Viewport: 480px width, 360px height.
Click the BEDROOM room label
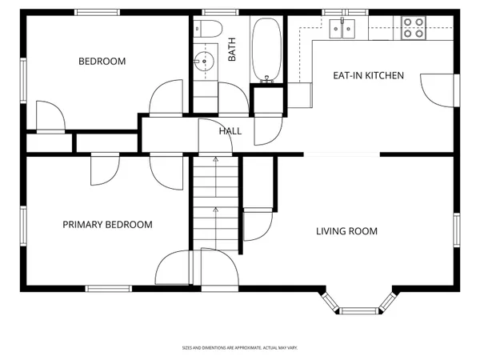(x=102, y=61)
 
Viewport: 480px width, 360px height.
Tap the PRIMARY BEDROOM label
(x=107, y=225)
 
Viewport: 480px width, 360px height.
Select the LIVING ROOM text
(x=346, y=231)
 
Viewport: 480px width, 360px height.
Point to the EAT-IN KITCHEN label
(x=368, y=76)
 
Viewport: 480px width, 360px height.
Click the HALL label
(x=230, y=130)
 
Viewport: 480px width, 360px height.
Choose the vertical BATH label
(x=233, y=52)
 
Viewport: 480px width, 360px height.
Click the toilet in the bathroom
(x=209, y=30)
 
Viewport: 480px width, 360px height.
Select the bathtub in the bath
(x=266, y=50)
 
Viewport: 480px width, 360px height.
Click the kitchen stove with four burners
(x=414, y=28)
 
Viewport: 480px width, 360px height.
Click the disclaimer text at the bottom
(x=240, y=348)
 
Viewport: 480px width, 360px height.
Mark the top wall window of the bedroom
(x=99, y=14)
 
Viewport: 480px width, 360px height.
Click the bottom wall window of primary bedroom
(x=108, y=287)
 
